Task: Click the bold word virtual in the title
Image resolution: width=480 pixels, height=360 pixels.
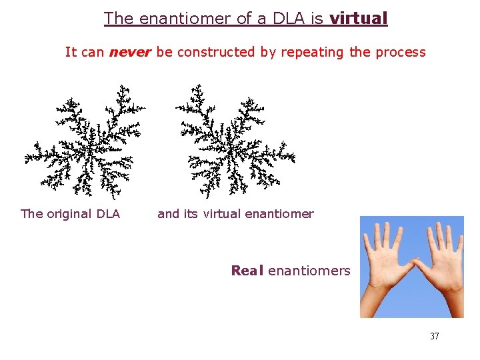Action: [x=358, y=19]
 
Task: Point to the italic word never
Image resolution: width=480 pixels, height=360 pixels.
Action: [x=131, y=52]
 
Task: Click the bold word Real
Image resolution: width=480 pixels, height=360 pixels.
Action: [x=247, y=271]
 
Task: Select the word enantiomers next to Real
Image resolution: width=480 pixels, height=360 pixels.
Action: [x=309, y=271]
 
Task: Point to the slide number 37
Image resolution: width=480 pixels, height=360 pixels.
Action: [x=434, y=336]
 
